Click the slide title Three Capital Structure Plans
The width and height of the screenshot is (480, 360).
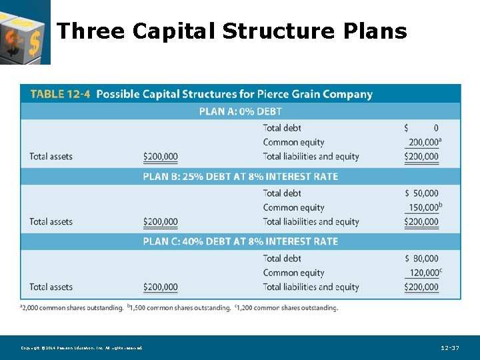231,31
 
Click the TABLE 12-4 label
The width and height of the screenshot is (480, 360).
60,94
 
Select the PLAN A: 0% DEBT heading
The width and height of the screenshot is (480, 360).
240,111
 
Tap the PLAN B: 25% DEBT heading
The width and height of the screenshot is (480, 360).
240,177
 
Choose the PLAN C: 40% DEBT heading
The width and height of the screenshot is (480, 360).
240,241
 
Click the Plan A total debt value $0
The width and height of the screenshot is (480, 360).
422,128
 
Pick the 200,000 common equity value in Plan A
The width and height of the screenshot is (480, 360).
423,142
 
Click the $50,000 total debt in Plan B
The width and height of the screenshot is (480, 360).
422,193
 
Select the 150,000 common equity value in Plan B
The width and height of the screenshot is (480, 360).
423,207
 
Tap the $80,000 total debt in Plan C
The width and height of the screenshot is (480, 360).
422,259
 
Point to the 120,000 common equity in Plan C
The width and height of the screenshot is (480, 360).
423,273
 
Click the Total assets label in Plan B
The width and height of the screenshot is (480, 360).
51,222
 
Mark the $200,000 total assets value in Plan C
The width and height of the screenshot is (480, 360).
161,287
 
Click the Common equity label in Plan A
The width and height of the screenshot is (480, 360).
293,142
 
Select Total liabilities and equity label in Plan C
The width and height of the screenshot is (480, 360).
311,287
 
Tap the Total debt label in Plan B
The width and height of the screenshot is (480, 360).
282,193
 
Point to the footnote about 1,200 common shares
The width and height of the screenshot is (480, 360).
286,307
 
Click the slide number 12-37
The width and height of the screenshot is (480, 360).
450,348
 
